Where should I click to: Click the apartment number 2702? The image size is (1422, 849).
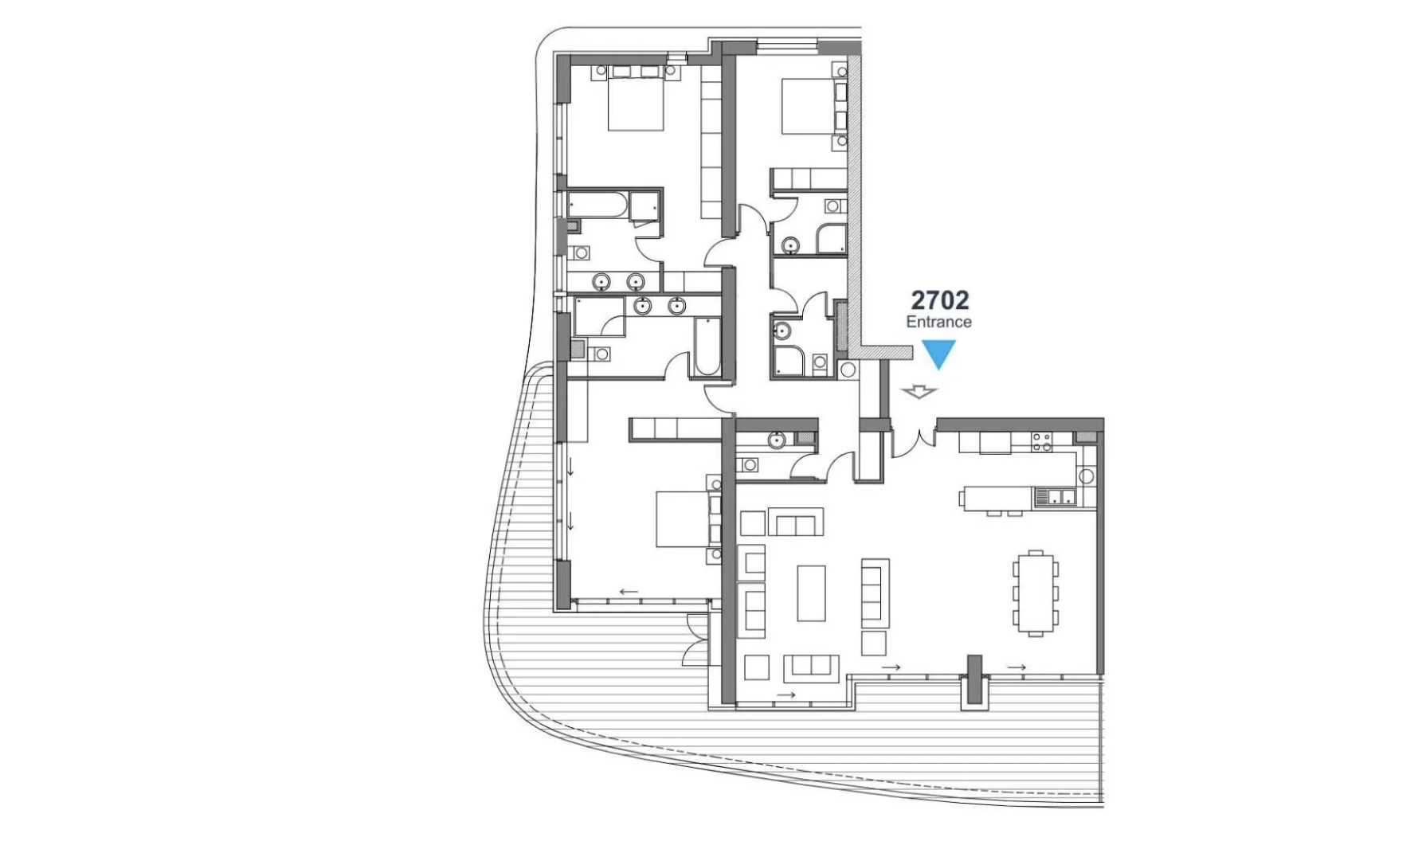939,300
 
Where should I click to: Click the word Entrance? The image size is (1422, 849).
938,322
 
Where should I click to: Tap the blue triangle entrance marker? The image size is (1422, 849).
938,353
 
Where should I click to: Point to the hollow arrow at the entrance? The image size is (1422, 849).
919,392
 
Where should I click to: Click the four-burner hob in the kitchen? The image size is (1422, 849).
1042,442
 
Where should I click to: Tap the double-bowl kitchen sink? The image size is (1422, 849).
1055,498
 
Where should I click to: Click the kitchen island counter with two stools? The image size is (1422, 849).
996,499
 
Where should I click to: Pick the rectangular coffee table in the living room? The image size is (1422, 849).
811,593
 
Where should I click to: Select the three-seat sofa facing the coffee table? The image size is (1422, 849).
874,590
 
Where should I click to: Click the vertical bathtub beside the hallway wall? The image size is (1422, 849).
706,347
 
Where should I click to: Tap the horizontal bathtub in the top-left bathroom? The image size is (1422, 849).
597,205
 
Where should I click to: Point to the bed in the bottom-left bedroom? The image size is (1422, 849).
682,519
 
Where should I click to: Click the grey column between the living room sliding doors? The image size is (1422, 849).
974,681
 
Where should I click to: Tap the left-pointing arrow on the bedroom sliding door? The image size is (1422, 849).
629,592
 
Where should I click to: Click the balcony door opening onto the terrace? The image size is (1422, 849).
695,640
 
